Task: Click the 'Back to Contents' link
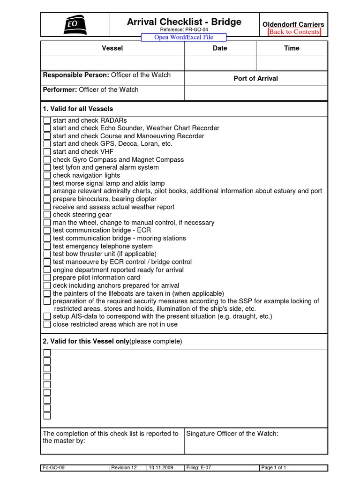coord(294,32)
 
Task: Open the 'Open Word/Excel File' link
coord(184,37)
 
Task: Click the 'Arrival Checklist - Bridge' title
coord(184,22)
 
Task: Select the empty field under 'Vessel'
coord(112,63)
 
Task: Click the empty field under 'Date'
coord(220,63)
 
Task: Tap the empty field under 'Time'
coord(291,63)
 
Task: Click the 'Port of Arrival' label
coord(255,79)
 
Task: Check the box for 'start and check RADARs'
coord(47,120)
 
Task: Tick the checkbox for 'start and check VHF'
coord(47,152)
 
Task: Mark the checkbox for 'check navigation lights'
coord(47,176)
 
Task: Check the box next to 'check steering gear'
coord(47,215)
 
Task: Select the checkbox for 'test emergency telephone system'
coord(47,247)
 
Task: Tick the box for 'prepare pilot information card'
coord(47,278)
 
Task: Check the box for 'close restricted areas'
coord(47,324)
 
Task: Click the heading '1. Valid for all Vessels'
coord(78,109)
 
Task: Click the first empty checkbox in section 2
coord(47,353)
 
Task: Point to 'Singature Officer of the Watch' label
coord(232,434)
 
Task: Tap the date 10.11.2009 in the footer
coord(161,467)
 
